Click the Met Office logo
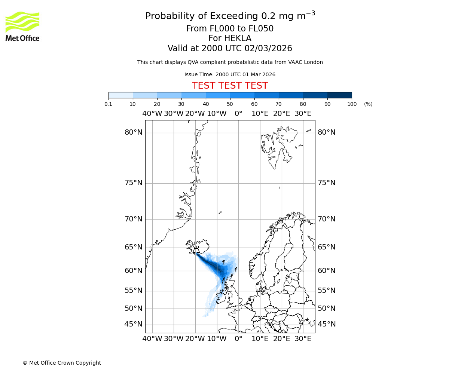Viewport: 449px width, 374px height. [22, 26]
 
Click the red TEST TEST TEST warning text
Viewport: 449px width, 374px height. [230, 86]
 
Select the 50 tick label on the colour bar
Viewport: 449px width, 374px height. [230, 104]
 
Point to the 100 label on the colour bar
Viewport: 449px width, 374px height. [352, 104]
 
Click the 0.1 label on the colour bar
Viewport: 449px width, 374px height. [109, 104]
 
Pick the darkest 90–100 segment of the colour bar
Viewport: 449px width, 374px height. [339, 95]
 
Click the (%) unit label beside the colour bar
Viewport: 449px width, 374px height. [368, 104]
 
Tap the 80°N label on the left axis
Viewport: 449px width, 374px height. [134, 132]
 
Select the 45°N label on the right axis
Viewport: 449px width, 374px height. [327, 324]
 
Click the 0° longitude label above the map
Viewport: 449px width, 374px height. [238, 114]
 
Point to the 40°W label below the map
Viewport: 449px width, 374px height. [152, 339]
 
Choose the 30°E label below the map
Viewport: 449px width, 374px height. [303, 339]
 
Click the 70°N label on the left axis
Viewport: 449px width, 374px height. [134, 219]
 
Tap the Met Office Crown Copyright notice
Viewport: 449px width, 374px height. [62, 363]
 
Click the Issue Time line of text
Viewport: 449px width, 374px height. [230, 74]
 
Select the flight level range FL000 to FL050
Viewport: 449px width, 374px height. [230, 29]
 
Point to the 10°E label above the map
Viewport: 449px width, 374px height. [260, 114]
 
